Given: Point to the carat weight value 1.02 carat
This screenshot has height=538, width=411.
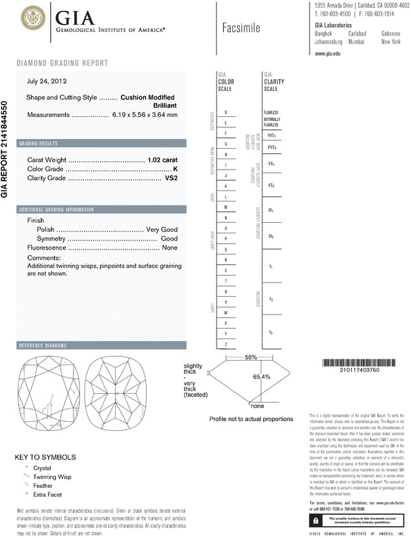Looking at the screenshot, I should (x=163, y=160).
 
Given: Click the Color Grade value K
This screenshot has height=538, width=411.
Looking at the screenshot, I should (x=175, y=169).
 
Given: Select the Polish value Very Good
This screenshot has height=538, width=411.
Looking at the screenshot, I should (x=161, y=230).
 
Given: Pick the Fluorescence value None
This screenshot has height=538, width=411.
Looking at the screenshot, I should (x=170, y=248).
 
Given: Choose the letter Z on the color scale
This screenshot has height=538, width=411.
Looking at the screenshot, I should (x=225, y=343).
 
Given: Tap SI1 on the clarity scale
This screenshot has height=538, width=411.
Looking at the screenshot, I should (x=271, y=211).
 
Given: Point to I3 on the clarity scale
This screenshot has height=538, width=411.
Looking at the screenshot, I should (x=271, y=332).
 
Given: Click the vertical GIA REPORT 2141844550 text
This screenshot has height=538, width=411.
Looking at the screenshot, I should (x=6, y=149).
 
